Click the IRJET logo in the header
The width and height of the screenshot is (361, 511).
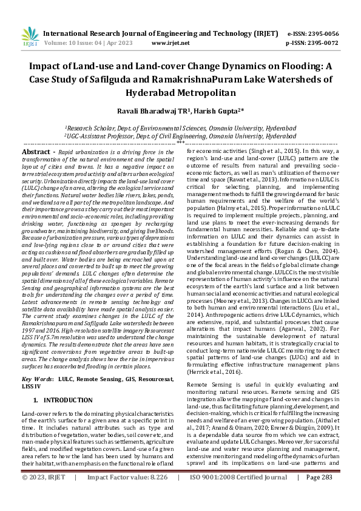pyautogui.click(x=29, y=38)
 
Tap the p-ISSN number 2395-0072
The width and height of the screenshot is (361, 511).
pyautogui.click(x=323, y=44)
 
